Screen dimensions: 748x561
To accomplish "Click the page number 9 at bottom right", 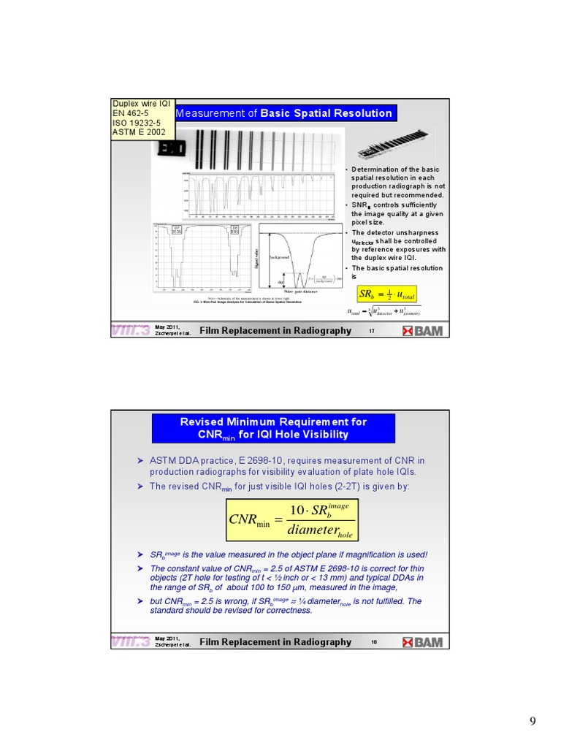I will pyautogui.click(x=533, y=722).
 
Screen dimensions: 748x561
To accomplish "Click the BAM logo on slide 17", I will pyautogui.click(x=422, y=331).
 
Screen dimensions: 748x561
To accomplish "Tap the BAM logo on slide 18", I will pyautogui.click(x=422, y=642).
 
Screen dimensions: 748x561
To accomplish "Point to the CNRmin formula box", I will pyautogui.click(x=293, y=520).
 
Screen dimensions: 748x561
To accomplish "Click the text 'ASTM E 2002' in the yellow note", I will pyautogui.click(x=139, y=132).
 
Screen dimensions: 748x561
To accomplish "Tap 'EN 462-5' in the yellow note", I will pyautogui.click(x=130, y=113).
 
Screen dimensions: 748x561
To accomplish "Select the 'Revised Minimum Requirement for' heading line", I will pyautogui.click(x=273, y=421).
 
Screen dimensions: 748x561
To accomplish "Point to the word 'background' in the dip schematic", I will pyautogui.click(x=280, y=258).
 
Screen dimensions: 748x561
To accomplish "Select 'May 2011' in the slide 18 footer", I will pyautogui.click(x=167, y=638).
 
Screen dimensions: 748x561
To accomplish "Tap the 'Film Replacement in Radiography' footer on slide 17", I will pyautogui.click(x=275, y=331).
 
